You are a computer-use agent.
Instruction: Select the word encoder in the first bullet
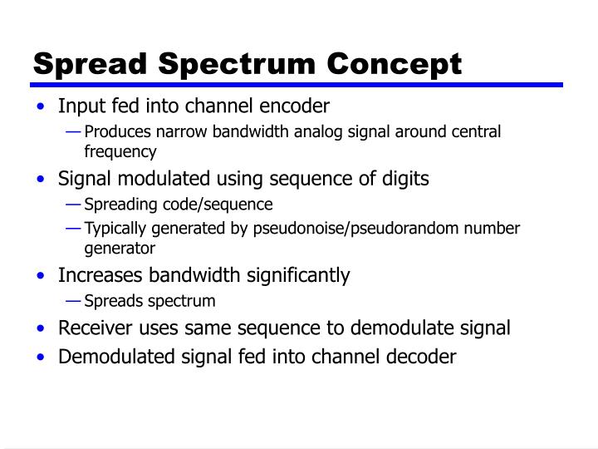pyautogui.click(x=297, y=106)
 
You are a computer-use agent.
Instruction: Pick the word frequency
pyautogui.click(x=120, y=151)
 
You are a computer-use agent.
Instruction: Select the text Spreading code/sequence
pyautogui.click(x=178, y=205)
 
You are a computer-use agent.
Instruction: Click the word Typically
pyautogui.click(x=116, y=228)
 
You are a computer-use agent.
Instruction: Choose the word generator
pyautogui.click(x=120, y=248)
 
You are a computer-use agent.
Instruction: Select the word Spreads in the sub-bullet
pyautogui.click(x=111, y=301)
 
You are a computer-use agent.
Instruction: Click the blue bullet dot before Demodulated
pyautogui.click(x=41, y=358)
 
